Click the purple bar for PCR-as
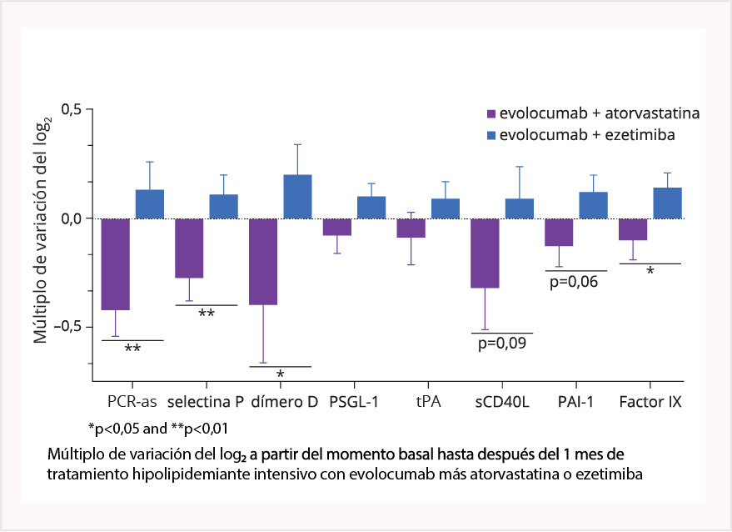(115, 264)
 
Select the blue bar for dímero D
(297, 197)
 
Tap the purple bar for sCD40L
(486, 253)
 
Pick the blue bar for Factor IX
(668, 203)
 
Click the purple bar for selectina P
(189, 248)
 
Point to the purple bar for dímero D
(263, 262)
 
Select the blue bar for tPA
(446, 208)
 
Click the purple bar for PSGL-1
(337, 227)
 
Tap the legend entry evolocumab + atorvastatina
(593, 113)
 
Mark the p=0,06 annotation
(575, 281)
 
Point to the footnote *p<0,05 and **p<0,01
(158, 428)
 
